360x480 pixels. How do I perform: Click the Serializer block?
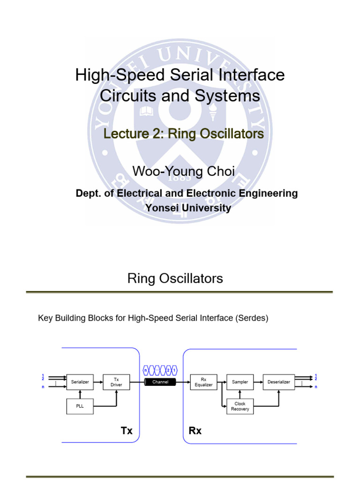click(x=80, y=382)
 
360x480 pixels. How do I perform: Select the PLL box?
click(x=80, y=406)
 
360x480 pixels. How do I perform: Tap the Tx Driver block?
click(x=116, y=382)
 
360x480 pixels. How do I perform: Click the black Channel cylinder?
click(x=160, y=382)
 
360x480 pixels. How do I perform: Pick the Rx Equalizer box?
click(x=203, y=382)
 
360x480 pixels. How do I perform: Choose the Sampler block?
click(x=240, y=382)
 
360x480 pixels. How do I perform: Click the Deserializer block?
click(x=278, y=382)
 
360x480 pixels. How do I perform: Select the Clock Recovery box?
click(x=240, y=406)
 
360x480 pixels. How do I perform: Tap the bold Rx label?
click(x=195, y=431)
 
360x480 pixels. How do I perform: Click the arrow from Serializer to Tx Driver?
click(x=98, y=382)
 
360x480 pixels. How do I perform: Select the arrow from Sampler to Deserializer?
click(x=258, y=382)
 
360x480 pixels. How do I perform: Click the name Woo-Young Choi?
click(x=184, y=172)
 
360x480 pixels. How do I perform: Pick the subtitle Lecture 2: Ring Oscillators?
click(x=183, y=134)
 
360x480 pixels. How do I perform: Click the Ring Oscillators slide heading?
click(x=175, y=279)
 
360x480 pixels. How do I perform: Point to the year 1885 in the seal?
click(x=180, y=178)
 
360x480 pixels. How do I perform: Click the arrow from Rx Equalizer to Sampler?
click(x=221, y=382)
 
